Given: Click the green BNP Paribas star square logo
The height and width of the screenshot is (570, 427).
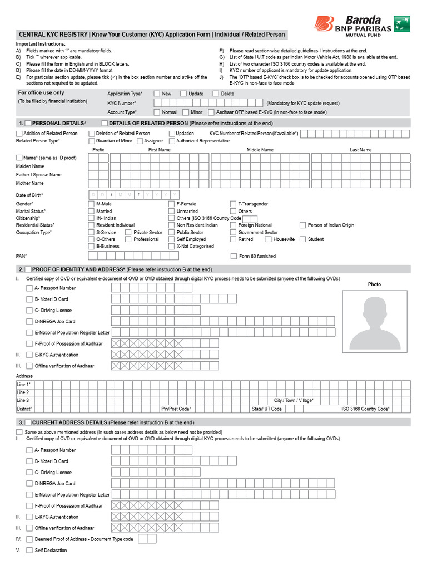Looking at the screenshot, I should click(x=403, y=23).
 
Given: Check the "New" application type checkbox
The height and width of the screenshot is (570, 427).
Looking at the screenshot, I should click(x=157, y=94).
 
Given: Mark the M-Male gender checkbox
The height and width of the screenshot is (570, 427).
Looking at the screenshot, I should click(x=91, y=204).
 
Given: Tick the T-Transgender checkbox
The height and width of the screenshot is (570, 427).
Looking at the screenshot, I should click(x=234, y=204).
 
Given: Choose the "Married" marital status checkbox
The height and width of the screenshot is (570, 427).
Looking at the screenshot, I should click(x=91, y=212).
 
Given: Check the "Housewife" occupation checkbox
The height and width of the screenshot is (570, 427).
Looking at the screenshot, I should click(x=268, y=239).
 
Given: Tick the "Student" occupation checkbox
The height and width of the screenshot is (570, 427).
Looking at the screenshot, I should click(x=303, y=239).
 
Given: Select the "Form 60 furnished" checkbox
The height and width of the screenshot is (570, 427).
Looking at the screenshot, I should click(x=234, y=256).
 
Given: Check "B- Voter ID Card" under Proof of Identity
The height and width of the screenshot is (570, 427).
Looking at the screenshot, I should click(x=29, y=299).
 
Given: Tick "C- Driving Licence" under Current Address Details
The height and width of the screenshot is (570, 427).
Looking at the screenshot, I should click(x=29, y=472).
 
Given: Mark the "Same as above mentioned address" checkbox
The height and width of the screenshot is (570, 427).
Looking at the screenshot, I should click(x=19, y=432).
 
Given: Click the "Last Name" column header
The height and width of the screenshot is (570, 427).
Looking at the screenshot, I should click(x=360, y=150).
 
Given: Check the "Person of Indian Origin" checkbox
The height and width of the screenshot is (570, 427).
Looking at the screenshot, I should click(x=303, y=225).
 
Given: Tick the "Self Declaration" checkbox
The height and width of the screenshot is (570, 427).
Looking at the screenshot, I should click(x=29, y=550).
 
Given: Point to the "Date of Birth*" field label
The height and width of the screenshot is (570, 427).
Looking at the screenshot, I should click(x=29, y=195).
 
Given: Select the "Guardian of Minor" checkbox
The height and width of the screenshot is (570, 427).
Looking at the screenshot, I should click(x=91, y=141).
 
